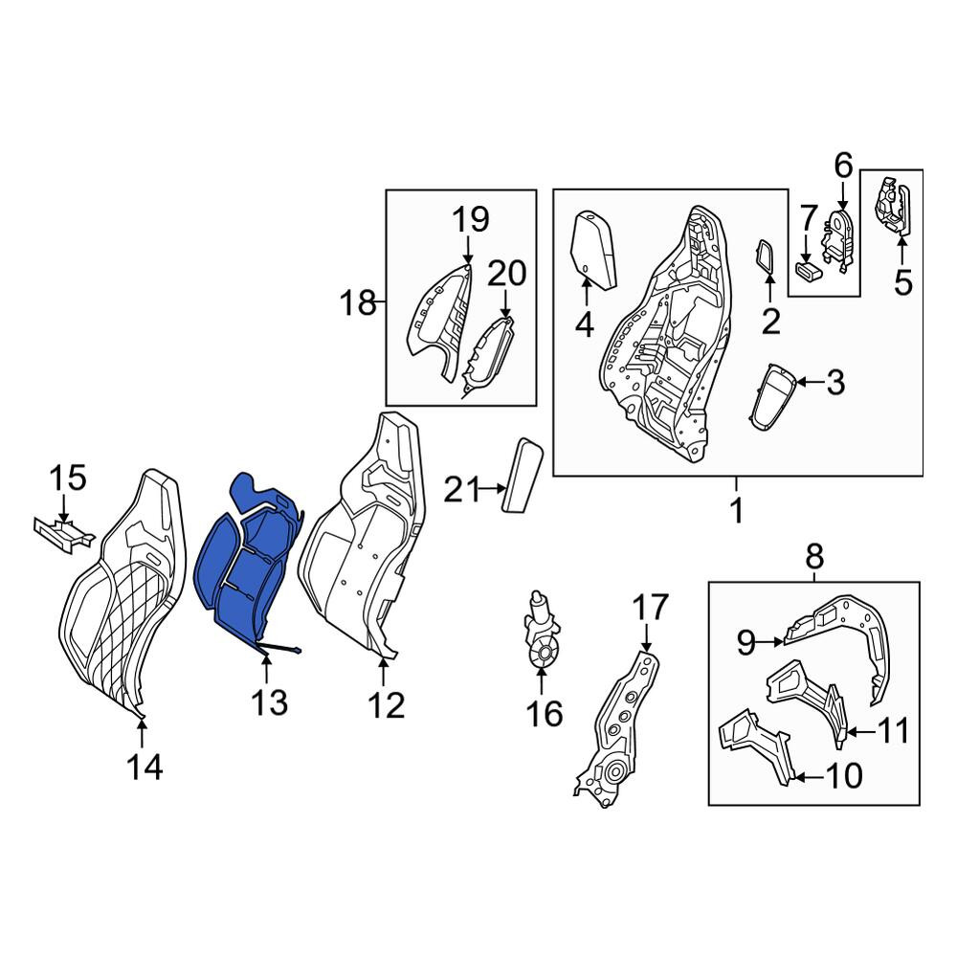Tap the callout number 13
click(269, 702)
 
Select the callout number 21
click(462, 489)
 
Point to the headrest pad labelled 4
click(592, 249)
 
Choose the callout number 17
click(651, 609)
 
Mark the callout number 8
click(814, 556)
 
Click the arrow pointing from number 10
click(810, 777)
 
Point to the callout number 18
click(358, 302)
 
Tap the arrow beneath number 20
click(506, 302)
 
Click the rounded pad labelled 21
click(522, 475)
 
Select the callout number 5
click(902, 283)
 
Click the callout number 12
click(387, 705)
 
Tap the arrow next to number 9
click(770, 641)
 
